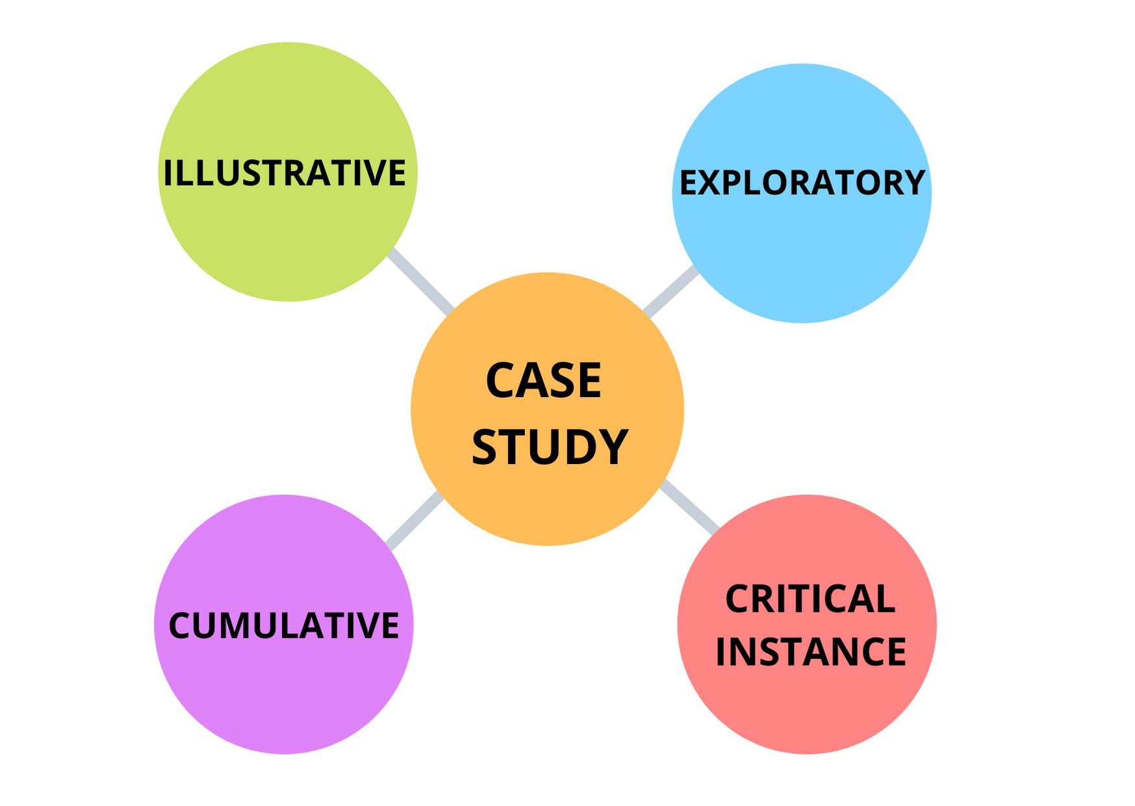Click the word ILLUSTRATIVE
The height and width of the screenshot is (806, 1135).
click(284, 173)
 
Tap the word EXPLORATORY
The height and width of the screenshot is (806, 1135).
click(802, 183)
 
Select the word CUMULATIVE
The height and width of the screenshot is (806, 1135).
click(283, 625)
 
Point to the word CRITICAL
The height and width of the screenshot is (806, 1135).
click(810, 599)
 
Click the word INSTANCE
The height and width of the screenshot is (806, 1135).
click(810, 652)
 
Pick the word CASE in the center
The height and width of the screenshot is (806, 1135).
click(544, 381)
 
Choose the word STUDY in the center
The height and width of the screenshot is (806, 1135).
click(550, 447)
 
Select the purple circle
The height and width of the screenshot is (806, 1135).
click(283, 695)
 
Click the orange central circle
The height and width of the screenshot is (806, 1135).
click(547, 507)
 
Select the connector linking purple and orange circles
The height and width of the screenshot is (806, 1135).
click(414, 520)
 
